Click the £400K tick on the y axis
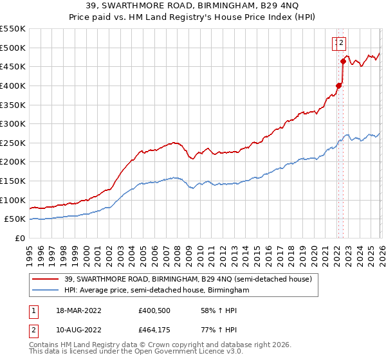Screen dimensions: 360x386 tap(13, 85)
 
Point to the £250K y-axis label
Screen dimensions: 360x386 tap(13, 143)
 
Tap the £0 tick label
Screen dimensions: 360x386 tap(20, 238)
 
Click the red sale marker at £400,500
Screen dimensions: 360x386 tap(338, 85)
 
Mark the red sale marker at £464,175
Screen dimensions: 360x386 tap(343, 61)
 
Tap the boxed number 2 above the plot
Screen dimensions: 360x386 tap(342, 44)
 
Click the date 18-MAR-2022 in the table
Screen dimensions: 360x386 tap(79, 310)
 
